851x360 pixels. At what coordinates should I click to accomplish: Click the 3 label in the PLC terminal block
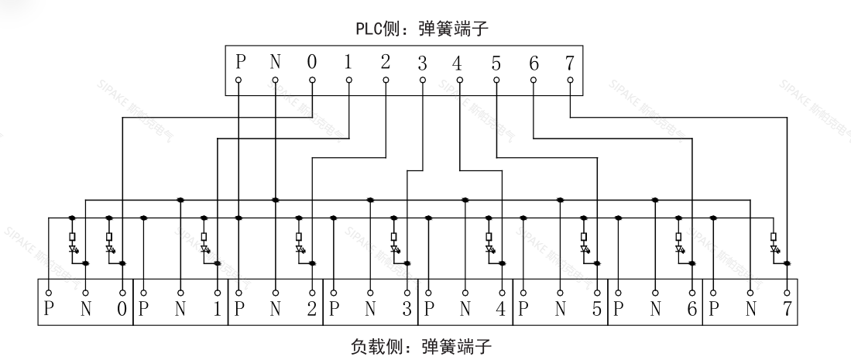point(423,63)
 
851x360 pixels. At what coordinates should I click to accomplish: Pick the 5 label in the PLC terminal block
point(496,63)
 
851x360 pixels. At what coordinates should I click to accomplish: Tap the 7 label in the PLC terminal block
point(571,63)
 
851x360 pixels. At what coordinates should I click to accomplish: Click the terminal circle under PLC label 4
point(460,80)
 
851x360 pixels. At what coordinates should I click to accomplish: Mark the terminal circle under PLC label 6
point(534,80)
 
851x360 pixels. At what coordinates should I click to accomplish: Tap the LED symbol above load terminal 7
point(774,250)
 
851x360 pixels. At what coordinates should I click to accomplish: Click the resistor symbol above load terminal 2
point(299,238)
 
